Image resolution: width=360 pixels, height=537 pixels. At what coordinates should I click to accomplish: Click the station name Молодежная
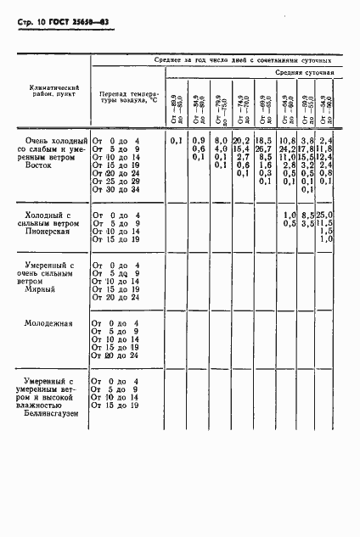(x=49, y=323)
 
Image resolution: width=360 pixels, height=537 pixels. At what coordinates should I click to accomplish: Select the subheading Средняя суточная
(x=309, y=74)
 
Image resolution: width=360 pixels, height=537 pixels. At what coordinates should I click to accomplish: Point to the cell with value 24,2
(x=285, y=148)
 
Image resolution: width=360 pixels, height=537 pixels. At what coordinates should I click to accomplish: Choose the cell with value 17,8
(x=307, y=148)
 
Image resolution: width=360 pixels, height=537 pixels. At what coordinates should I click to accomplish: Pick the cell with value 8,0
(x=219, y=140)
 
